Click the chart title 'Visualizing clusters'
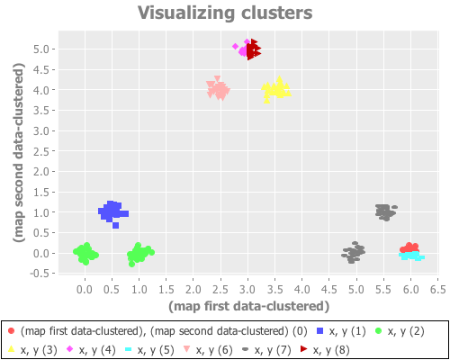[225, 13]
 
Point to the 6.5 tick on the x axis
[437, 290]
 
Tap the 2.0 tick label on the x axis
[193, 290]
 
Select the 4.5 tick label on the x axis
[329, 290]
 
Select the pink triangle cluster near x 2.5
[218, 89]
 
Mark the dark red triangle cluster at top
[254, 49]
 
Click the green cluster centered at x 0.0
[85, 254]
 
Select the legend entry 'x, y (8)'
[333, 348]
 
